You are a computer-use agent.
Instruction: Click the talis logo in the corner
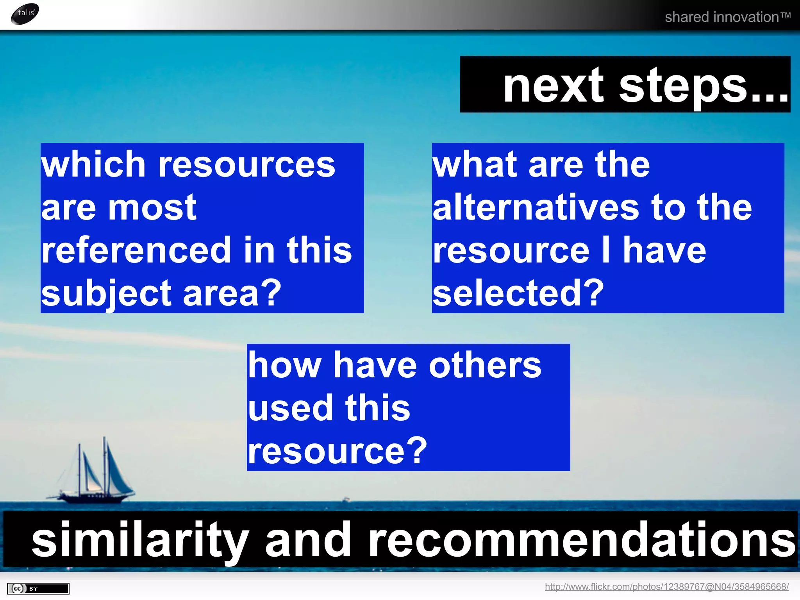[25, 14]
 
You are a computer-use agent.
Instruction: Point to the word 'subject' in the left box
[106, 294]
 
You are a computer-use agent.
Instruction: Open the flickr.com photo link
[666, 587]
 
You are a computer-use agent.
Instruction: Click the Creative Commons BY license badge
[38, 588]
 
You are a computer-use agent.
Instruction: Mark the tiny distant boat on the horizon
[346, 499]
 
